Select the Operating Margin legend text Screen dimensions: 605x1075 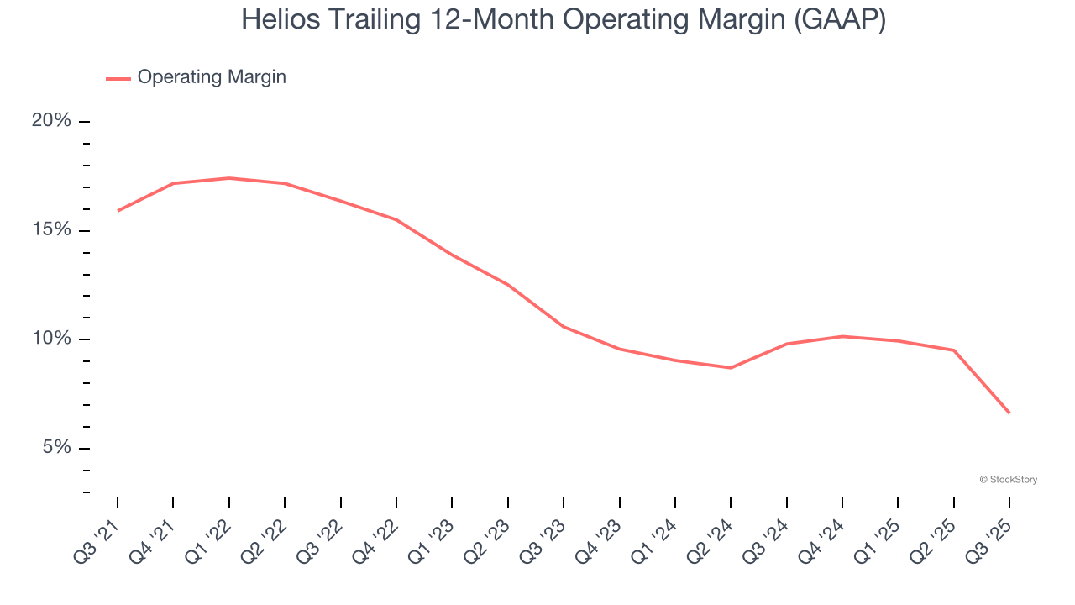212,77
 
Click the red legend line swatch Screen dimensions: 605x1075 118,78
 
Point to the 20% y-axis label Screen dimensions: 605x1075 51,121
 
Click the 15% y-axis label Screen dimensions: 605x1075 51,230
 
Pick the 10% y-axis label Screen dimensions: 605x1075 51,339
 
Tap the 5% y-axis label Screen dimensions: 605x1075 56,448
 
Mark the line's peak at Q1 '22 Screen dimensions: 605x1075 229,178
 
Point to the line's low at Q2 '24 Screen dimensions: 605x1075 731,367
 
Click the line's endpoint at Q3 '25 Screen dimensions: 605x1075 1009,413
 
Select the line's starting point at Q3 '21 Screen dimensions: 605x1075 118,210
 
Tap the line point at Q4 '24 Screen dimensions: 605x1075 842,336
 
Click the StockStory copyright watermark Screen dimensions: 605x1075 1008,480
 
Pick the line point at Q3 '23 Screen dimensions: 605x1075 564,326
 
